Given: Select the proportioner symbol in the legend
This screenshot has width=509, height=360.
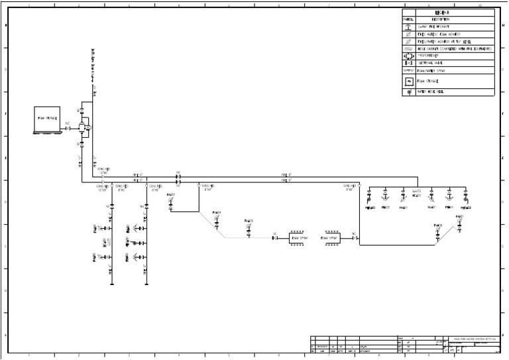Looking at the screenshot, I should click(409, 56).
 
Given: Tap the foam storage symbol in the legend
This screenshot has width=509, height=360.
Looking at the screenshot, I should click(409, 81).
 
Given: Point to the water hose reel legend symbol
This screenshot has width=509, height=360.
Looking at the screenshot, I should click(409, 92).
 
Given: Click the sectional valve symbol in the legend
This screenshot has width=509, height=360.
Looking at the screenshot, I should click(409, 63).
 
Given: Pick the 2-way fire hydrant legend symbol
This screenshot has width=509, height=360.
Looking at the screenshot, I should click(409, 27).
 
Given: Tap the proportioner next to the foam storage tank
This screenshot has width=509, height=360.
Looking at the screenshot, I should click(84, 126).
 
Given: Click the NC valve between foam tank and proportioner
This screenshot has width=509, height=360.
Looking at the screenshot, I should click(68, 128).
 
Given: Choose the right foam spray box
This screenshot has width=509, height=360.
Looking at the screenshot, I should click(329, 237).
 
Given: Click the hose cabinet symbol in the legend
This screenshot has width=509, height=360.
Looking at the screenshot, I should click(409, 48).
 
